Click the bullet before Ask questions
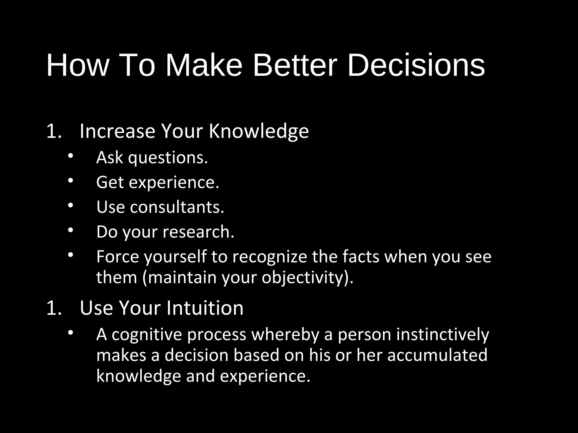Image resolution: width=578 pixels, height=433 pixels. tap(70, 156)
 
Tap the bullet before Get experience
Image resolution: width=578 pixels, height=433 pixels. tap(70, 181)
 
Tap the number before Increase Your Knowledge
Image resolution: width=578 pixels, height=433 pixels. tap(54, 131)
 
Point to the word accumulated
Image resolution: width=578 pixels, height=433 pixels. tap(437, 355)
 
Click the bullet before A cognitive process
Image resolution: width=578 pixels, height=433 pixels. tap(70, 333)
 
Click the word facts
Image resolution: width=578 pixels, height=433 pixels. tap(361, 257)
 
